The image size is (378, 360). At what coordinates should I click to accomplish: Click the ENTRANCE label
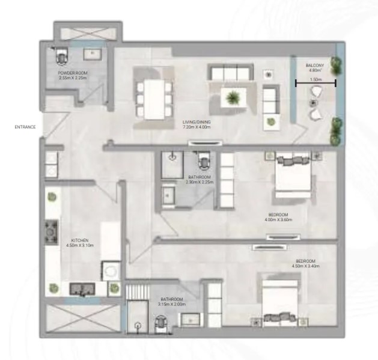26,127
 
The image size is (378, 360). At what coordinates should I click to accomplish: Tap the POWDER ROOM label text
73,73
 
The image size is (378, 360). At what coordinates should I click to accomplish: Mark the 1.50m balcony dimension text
315,79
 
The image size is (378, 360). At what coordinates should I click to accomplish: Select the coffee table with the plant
230,96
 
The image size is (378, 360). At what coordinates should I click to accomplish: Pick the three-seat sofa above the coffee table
229,73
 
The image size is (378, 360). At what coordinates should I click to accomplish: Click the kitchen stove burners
50,232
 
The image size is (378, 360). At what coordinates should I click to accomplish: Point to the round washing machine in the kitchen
111,272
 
